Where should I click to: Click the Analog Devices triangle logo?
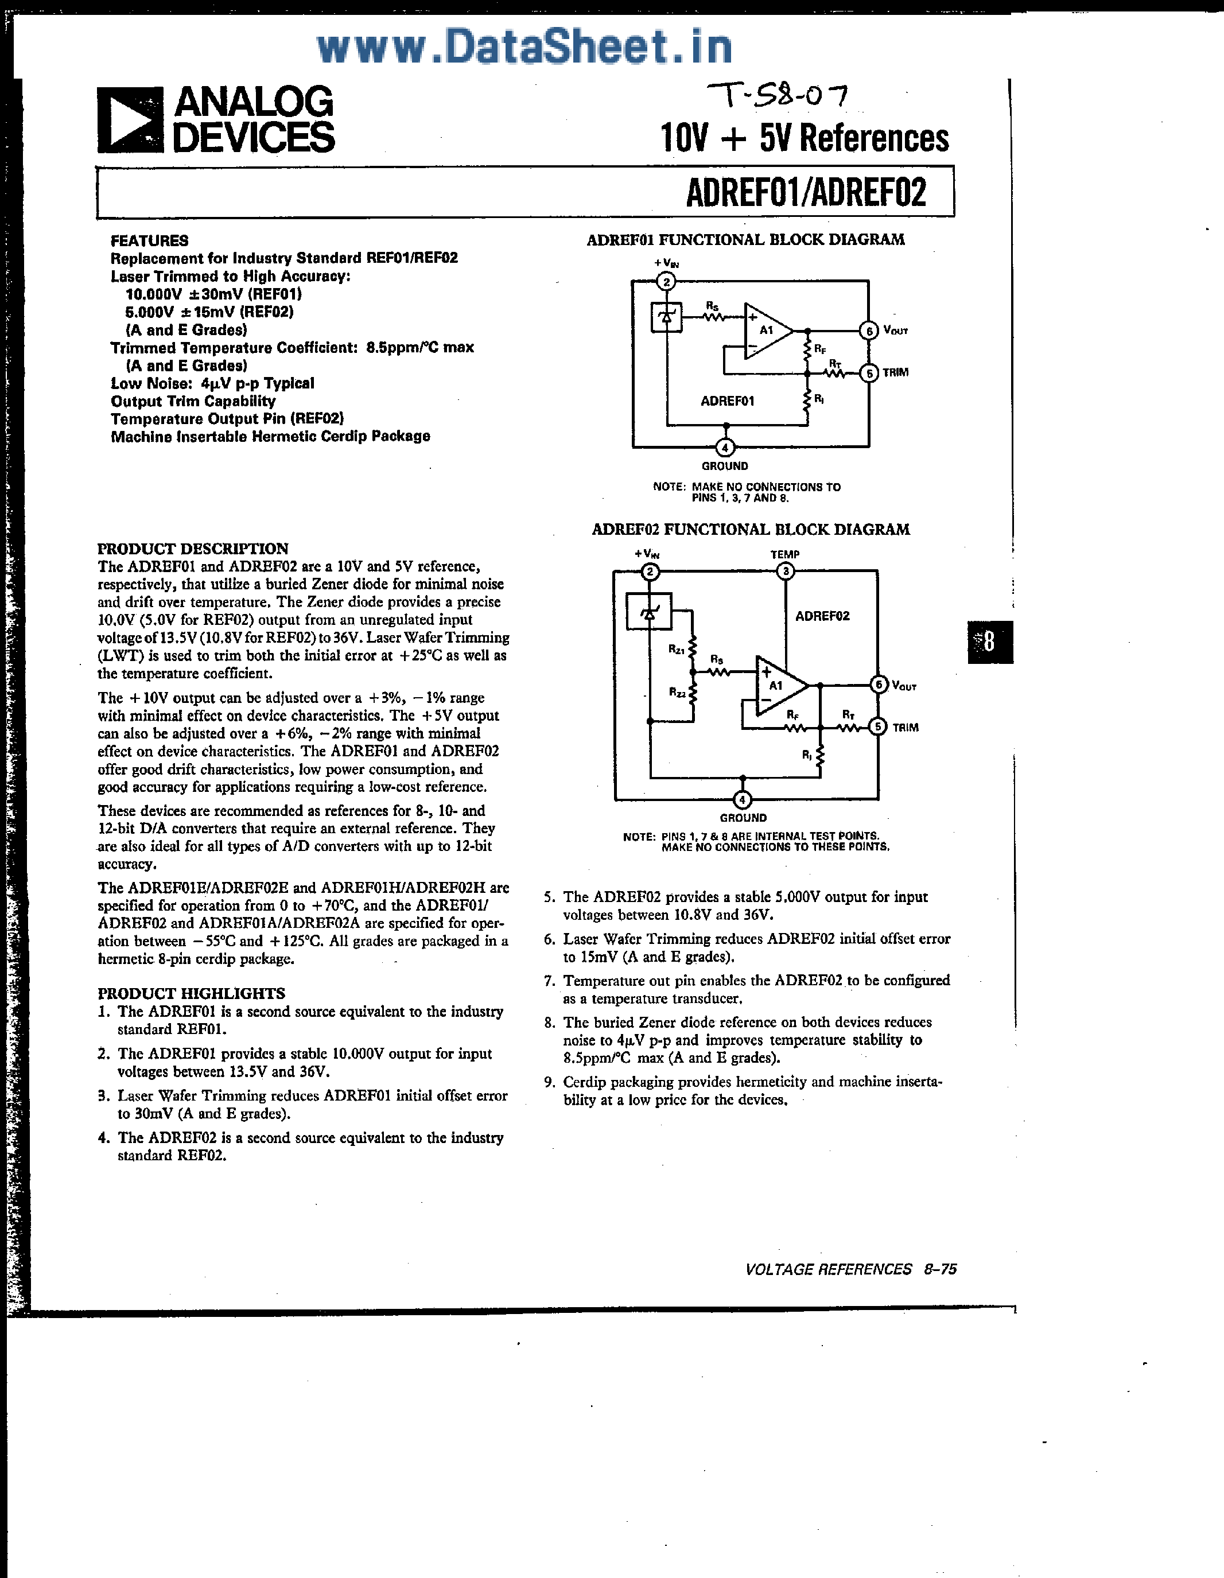[131, 120]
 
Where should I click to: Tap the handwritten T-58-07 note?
[778, 95]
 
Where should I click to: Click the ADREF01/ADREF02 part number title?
[806, 192]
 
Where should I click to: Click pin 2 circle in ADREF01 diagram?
[666, 281]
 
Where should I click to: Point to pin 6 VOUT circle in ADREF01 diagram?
[868, 331]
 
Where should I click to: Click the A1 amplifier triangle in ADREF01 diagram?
[767, 331]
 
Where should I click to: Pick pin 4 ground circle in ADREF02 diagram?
[743, 800]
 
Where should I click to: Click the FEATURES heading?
[150, 240]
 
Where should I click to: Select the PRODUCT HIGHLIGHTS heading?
[192, 993]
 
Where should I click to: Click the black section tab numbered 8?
[990, 642]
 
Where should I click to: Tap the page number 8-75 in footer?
[940, 1269]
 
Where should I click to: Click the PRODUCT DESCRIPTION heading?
[193, 549]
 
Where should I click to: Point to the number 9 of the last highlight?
[549, 1082]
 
